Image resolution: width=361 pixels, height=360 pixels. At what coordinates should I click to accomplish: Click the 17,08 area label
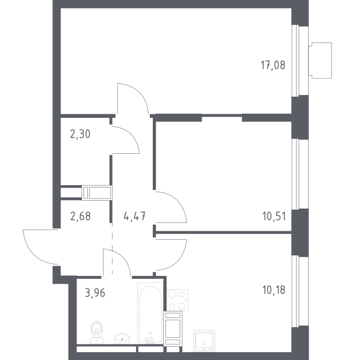(273, 65)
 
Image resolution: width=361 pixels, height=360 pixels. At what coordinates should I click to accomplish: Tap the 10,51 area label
(274, 216)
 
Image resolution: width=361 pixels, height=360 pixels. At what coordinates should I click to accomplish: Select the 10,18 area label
(274, 290)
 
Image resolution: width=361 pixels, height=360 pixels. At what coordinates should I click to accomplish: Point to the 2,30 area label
(80, 134)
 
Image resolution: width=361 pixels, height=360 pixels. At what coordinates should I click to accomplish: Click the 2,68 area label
(81, 216)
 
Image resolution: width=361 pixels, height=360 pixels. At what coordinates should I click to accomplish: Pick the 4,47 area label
(134, 216)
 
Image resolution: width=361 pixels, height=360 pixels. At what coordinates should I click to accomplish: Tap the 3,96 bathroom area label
(95, 293)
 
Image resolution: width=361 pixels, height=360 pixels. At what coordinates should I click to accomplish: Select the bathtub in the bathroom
(150, 314)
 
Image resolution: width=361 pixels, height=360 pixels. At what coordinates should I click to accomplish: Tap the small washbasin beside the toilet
(122, 338)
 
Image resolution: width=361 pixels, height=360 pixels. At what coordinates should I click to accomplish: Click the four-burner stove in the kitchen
(177, 300)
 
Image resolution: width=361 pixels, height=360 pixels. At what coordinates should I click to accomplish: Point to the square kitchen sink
(204, 341)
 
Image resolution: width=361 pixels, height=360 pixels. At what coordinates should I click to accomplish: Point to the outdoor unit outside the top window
(320, 60)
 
